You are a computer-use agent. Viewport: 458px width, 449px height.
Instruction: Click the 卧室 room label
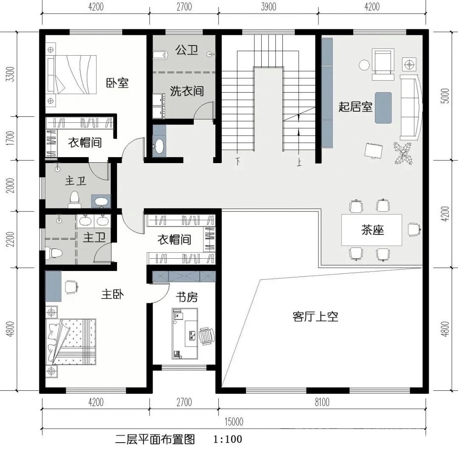[117, 83]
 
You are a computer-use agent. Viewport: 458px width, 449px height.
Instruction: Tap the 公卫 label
[187, 51]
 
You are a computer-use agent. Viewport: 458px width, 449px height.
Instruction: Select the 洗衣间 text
[187, 91]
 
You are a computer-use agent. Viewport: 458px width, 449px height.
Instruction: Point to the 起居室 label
[355, 107]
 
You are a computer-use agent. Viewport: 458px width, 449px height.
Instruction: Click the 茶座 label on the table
[372, 230]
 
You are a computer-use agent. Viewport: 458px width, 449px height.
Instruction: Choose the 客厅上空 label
[315, 316]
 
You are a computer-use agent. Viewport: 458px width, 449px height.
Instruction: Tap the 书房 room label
[187, 297]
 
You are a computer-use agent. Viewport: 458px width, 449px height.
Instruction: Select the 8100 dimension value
[322, 402]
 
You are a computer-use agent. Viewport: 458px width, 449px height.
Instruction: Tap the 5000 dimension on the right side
[445, 97]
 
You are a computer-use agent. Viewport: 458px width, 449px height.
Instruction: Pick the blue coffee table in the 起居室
[383, 107]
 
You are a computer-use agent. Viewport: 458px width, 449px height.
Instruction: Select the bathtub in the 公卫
[159, 54]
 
